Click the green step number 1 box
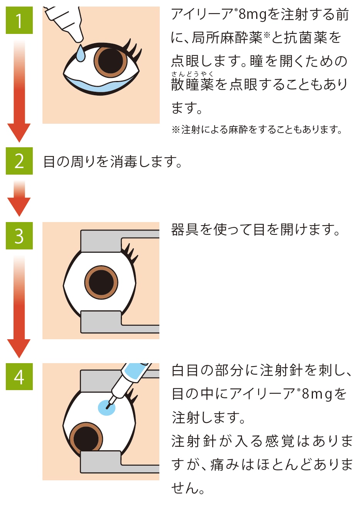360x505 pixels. (19, 20)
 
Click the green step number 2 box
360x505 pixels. (19, 161)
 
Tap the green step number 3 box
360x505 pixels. (19, 236)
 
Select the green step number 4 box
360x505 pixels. (19, 377)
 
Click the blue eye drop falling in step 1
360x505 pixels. (80, 54)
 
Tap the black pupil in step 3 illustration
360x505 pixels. (101, 282)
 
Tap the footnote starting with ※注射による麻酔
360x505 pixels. (257, 130)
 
